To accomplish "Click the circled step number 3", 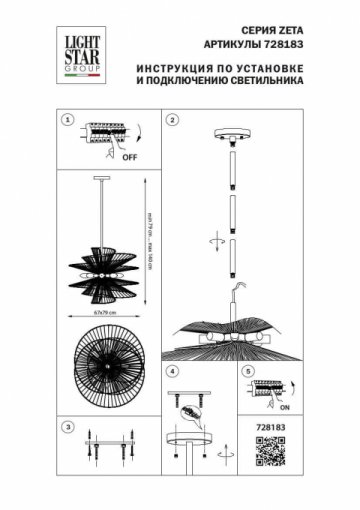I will click(x=68, y=427).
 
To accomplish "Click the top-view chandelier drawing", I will click(x=102, y=370).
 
